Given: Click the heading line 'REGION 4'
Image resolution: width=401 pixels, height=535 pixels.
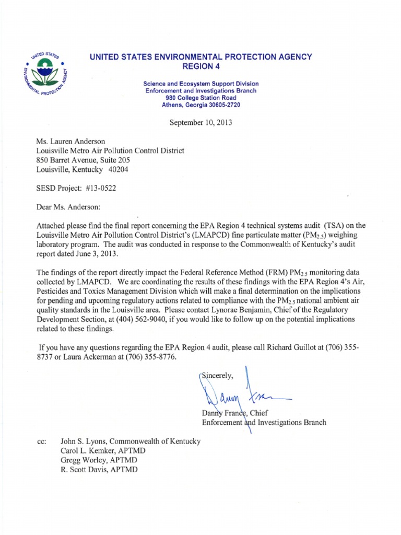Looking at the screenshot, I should pyautogui.click(x=201, y=66).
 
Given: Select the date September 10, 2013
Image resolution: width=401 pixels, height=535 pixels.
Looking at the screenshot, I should pyautogui.click(x=201, y=123).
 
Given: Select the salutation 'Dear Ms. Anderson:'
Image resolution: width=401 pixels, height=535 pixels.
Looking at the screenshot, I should pyautogui.click(x=68, y=207).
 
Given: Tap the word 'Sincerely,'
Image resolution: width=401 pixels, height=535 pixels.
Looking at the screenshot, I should pyautogui.click(x=218, y=375).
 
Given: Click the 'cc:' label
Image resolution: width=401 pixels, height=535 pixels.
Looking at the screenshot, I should pyautogui.click(x=42, y=441).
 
